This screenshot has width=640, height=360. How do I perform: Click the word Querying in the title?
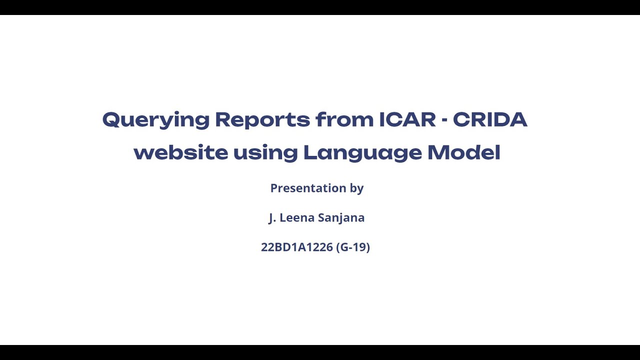pyautogui.click(x=155, y=120)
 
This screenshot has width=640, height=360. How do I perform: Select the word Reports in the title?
pyautogui.click(x=262, y=120)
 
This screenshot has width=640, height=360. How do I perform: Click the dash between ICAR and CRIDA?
pyautogui.click(x=444, y=120)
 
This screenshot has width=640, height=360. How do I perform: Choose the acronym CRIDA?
pyautogui.click(x=490, y=120)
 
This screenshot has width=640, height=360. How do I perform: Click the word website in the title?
pyautogui.click(x=180, y=152)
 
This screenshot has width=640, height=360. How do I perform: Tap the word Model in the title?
pyautogui.click(x=463, y=152)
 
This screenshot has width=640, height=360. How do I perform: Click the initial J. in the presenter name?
pyautogui.click(x=272, y=218)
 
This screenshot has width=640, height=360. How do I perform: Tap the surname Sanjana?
pyautogui.click(x=341, y=218)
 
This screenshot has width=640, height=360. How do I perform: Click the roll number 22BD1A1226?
pyautogui.click(x=296, y=247)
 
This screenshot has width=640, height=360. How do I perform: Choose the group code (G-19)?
pyautogui.click(x=353, y=247)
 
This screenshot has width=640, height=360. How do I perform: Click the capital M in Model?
pyautogui.click(x=436, y=152)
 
